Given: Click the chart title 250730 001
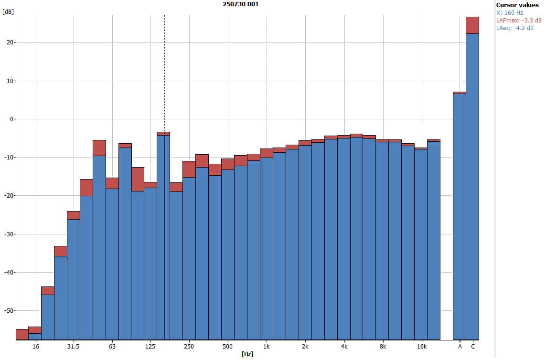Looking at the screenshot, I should pyautogui.click(x=241, y=4).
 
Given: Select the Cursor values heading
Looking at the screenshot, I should pyautogui.click(x=517, y=5).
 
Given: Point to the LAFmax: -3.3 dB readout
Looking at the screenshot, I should pyautogui.click(x=519, y=21).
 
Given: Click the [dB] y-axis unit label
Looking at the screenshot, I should pyautogui.click(x=8, y=11).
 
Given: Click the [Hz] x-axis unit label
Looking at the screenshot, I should pyautogui.click(x=247, y=354).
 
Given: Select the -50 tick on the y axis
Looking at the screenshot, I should pyautogui.click(x=8, y=311).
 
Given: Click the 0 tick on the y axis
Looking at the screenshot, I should pyautogui.click(x=11, y=119).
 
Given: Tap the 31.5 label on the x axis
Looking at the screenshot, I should pyautogui.click(x=73, y=346).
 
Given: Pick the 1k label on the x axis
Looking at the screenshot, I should pyautogui.click(x=266, y=346).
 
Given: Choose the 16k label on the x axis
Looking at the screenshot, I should pyautogui.click(x=421, y=346).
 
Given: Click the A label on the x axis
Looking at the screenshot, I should pyautogui.click(x=460, y=346).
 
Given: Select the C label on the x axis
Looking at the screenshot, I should pyautogui.click(x=473, y=346).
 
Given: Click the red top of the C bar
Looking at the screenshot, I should pyautogui.click(x=472, y=25).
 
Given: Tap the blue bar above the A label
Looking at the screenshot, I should pyautogui.click(x=460, y=215).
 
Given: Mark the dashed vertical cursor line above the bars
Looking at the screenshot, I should pyautogui.click(x=164, y=72).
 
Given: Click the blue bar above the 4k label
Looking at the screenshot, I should pyautogui.click(x=343, y=239).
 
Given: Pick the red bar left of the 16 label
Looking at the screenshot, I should pyautogui.click(x=22, y=334).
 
